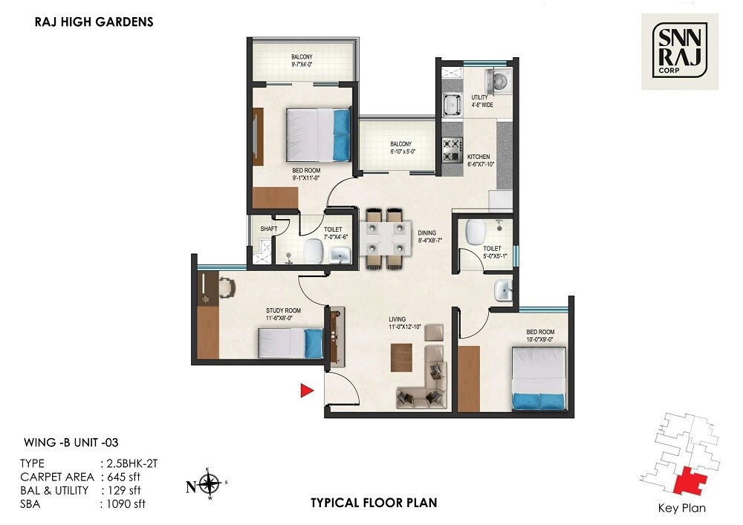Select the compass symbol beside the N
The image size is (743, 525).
point(210,486)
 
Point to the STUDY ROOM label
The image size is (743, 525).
point(283,311)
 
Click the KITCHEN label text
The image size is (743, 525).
point(480,157)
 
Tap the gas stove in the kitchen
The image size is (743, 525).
point(452,151)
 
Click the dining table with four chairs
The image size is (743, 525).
point(385,239)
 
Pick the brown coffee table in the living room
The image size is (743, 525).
point(401,358)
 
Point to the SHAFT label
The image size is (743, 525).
point(268,229)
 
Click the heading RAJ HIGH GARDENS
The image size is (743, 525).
point(94,22)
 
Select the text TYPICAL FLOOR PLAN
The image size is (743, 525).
point(374,503)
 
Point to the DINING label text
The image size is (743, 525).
point(426,232)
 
